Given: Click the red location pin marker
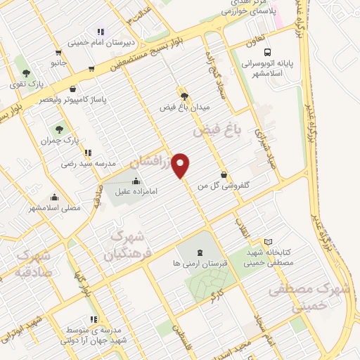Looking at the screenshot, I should (x=181, y=165).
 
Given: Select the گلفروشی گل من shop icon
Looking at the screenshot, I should (x=224, y=175).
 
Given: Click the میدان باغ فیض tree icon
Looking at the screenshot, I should (x=184, y=96).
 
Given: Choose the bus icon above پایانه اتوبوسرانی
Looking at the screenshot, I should (x=267, y=51).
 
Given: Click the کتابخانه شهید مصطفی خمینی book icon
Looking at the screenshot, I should (x=267, y=242).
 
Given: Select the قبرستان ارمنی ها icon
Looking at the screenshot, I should (x=199, y=252).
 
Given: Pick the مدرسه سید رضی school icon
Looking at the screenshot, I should (x=87, y=153).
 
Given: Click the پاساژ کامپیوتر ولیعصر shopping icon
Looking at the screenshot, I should (x=74, y=89).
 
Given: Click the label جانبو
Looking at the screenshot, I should (x=58, y=63).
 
